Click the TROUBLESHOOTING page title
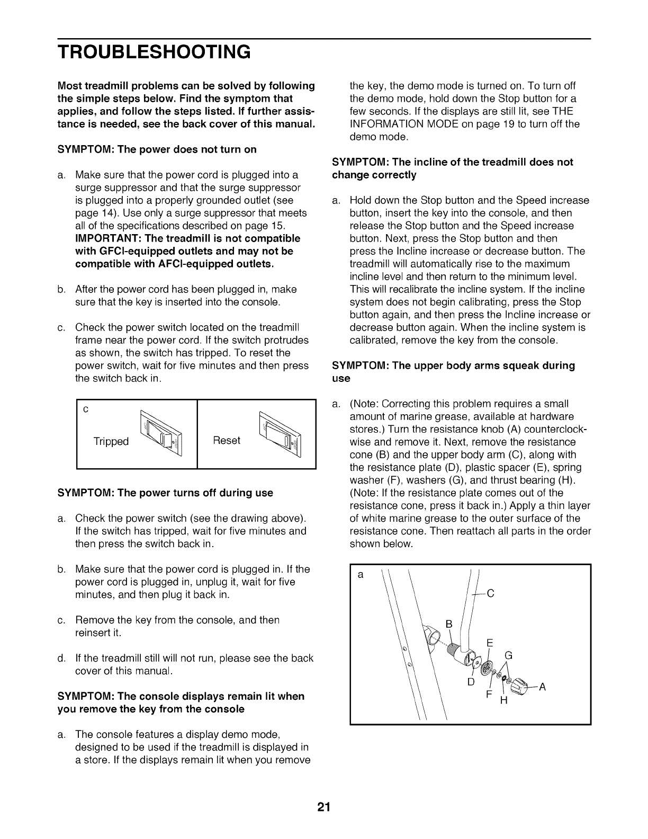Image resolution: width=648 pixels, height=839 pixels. coord(154,51)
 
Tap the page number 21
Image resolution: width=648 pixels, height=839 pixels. coord(324,807)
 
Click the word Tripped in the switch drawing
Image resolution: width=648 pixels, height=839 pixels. coord(111,442)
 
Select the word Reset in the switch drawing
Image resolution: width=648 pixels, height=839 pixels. coord(227,441)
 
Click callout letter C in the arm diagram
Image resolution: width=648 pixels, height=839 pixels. coord(490,594)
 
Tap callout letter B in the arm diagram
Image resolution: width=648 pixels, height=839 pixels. coord(449,624)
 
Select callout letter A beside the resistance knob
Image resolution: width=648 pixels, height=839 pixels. coord(543,688)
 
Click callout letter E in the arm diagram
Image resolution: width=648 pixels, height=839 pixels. coord(490,643)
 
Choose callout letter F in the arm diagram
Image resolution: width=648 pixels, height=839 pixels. coord(490,694)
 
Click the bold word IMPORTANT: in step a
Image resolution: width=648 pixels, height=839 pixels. coord(104,238)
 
